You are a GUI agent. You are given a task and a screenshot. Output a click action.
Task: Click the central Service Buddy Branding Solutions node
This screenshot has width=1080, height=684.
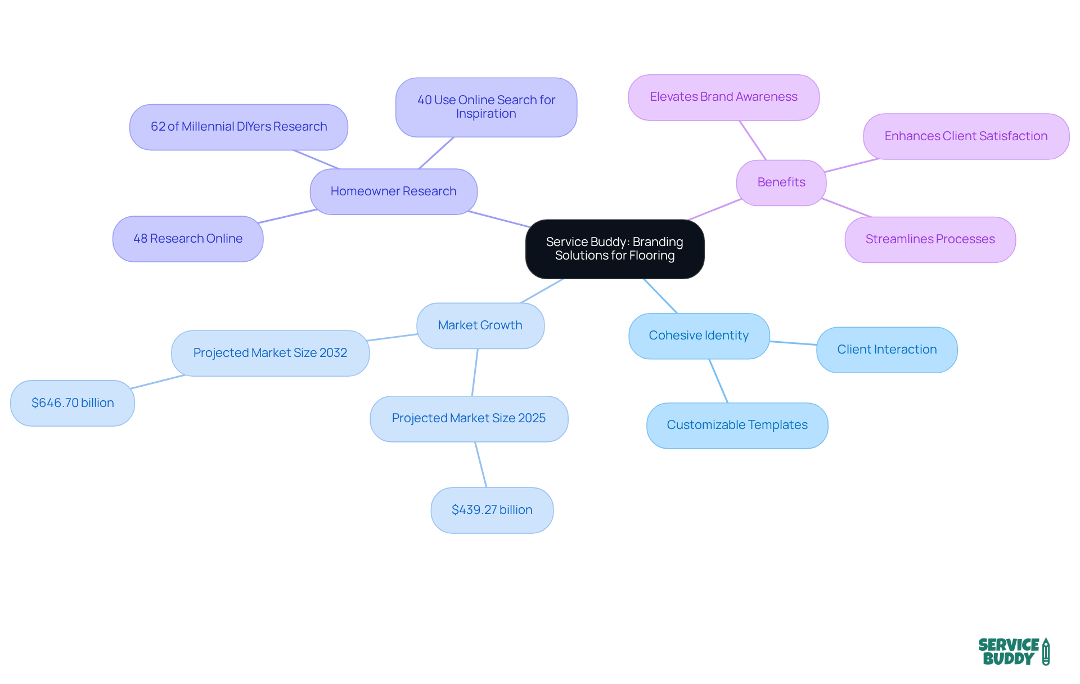point(614,249)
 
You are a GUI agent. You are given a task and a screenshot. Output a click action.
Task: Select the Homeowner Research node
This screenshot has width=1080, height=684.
point(393,191)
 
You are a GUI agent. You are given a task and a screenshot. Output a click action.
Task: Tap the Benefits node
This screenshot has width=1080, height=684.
point(781,182)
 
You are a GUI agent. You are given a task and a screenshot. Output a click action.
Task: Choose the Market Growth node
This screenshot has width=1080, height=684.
point(480,325)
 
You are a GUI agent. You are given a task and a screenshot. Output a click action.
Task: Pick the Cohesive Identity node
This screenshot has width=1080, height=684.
point(699,336)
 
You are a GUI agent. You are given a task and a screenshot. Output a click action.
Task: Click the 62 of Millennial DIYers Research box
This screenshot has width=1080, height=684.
point(238,127)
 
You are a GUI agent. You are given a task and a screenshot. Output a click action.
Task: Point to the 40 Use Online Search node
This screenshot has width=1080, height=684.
point(486,107)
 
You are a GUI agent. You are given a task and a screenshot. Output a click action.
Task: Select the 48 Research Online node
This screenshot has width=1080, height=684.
point(188,239)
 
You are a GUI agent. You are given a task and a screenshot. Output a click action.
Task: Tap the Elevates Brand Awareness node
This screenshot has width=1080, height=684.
point(723,97)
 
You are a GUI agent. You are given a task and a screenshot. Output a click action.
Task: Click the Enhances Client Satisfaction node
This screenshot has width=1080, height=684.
point(966,136)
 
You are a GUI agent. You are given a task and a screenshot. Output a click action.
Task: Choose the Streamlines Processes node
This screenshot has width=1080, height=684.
point(930,239)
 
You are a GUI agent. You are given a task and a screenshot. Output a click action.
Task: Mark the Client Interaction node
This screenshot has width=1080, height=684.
point(886,350)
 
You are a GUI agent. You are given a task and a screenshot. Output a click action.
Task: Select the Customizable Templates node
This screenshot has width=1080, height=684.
point(737,425)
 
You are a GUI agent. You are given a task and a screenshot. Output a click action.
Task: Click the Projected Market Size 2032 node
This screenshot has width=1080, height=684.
point(270,353)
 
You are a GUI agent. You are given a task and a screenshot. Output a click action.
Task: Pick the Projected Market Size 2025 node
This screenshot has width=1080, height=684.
point(469,418)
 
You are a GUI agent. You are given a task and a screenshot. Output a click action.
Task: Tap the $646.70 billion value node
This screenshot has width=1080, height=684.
point(73,403)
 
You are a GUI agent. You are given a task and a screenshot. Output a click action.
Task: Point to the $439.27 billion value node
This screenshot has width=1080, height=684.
point(492,510)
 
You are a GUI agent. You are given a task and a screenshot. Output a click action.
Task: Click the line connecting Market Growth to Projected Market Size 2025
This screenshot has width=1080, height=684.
point(475,372)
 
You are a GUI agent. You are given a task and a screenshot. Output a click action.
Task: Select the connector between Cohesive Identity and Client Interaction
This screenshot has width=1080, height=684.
point(793,343)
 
